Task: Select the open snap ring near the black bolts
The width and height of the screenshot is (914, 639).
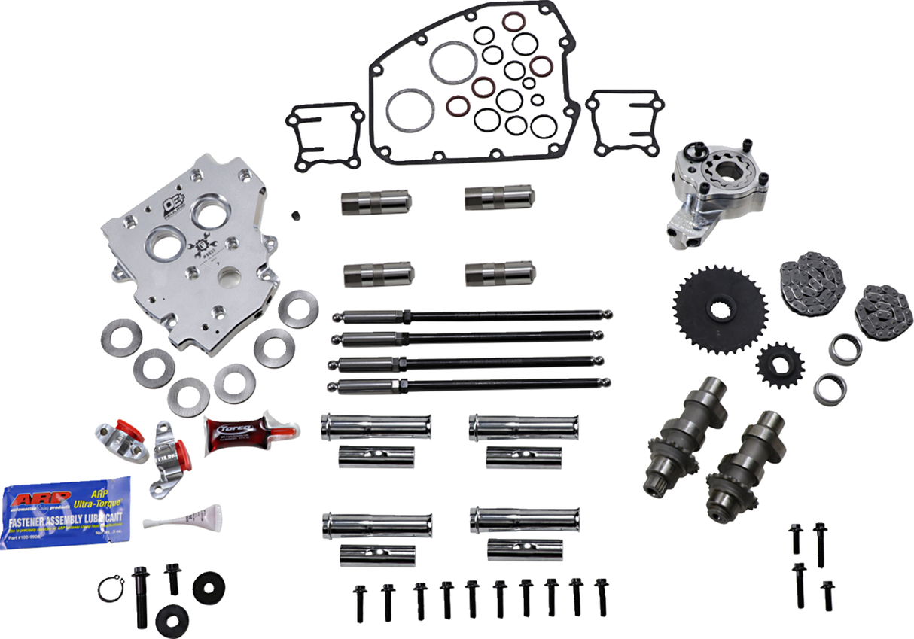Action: [110, 586]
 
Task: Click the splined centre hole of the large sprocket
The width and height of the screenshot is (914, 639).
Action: [719, 309]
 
